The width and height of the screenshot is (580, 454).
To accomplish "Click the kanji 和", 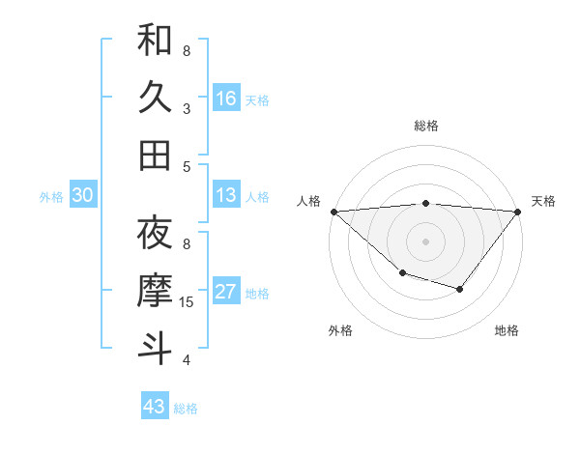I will [x=155, y=41].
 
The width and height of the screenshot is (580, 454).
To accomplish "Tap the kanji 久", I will [x=155, y=98].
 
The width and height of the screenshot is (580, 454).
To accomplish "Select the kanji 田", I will [x=155, y=155].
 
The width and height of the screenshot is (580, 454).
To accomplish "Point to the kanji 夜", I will [x=155, y=233].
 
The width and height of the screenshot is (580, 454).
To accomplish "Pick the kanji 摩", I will [x=155, y=291].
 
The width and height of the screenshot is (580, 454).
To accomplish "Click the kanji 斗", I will [x=155, y=348].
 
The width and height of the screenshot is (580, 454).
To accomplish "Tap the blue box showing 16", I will [x=226, y=99].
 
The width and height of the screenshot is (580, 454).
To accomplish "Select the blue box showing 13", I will [x=226, y=196].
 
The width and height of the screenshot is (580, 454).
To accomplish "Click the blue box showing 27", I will [x=226, y=293].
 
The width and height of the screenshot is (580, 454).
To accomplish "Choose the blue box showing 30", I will [x=82, y=196].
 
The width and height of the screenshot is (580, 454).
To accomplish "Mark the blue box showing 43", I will [x=154, y=407].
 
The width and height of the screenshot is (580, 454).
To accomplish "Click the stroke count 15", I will [x=188, y=302].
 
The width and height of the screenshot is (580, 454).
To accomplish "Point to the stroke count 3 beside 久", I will [x=187, y=108].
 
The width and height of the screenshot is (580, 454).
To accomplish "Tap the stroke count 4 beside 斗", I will [x=187, y=360].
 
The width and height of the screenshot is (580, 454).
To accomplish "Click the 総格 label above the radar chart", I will [x=425, y=126].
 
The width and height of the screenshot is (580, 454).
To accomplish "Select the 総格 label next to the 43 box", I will [x=186, y=409].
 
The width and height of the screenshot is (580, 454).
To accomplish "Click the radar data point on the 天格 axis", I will [x=518, y=212].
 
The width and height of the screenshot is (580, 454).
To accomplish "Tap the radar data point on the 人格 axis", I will [x=333, y=212].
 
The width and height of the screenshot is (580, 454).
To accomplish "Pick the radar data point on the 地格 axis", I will [x=460, y=289].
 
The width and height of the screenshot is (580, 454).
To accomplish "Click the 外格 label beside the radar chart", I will [x=340, y=330].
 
